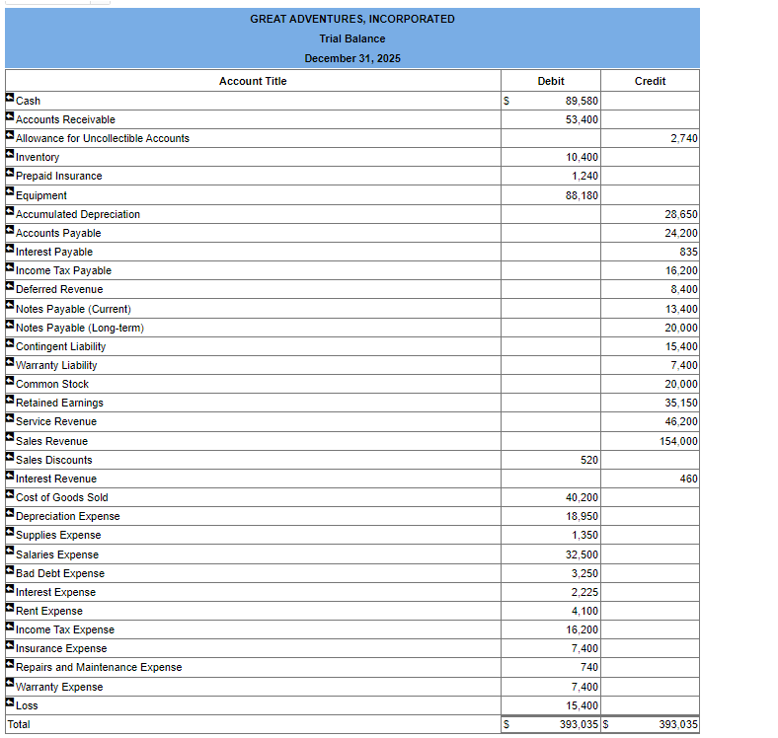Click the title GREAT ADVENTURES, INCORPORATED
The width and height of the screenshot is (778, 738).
[x=352, y=19]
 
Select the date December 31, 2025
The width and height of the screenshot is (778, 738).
[x=352, y=58]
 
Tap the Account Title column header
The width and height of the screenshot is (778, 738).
[x=253, y=81]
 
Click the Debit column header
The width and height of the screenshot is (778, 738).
[x=551, y=81]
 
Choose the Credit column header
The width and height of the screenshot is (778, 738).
[x=650, y=81]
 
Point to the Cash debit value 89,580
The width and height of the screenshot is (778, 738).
[x=582, y=101]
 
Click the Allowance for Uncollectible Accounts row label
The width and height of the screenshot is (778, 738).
[x=103, y=138]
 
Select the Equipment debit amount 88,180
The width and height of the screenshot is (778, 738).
[x=582, y=195]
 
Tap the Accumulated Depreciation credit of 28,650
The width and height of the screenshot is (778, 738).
[x=681, y=214]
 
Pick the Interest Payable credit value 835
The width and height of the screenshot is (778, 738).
[x=688, y=252]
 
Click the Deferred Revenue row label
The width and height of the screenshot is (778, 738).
[x=59, y=289]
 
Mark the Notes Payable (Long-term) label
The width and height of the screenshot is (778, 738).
[x=80, y=328]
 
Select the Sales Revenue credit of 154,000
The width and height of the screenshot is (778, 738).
[x=678, y=441]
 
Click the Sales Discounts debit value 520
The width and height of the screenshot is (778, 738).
[x=588, y=460]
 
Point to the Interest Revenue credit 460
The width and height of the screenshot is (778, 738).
[x=688, y=479]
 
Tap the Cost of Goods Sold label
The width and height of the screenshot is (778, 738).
[x=62, y=497]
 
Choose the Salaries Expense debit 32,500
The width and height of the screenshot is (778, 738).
[x=582, y=554]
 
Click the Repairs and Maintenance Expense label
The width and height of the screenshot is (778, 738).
[x=99, y=667]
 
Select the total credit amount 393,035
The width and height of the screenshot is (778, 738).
[x=678, y=725]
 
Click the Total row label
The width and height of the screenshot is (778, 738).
[x=19, y=724]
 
